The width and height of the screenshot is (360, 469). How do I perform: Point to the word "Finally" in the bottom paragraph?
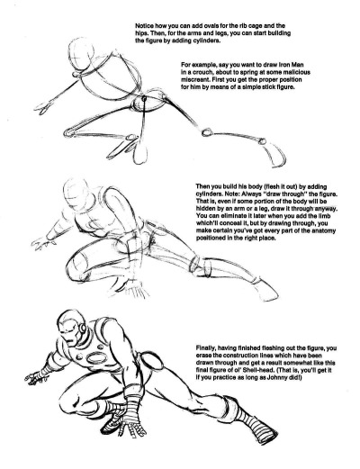(x=206, y=348)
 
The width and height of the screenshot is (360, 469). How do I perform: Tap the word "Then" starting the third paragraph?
(x=202, y=186)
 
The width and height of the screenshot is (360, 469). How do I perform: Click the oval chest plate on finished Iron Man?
(x=96, y=357)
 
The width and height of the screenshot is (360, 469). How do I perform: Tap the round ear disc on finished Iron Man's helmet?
(x=82, y=329)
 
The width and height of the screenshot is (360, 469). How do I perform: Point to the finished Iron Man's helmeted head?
(x=72, y=328)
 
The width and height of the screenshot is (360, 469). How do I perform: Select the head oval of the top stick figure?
(x=82, y=56)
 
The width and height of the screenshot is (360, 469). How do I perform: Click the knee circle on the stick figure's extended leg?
(x=206, y=132)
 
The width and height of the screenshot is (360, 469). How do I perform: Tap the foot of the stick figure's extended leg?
(x=276, y=154)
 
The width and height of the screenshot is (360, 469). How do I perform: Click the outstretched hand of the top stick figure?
(x=43, y=107)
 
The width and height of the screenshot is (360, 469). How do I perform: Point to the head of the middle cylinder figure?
(x=78, y=194)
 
